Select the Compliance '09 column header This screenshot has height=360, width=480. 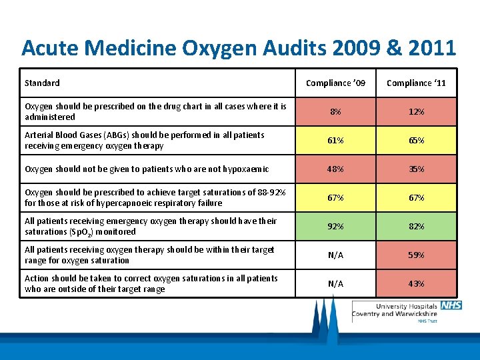(335, 83)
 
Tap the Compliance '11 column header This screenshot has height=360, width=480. (416, 83)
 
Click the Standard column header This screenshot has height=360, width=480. (42, 83)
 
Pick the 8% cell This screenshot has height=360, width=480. (335, 111)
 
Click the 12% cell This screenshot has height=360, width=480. (416, 111)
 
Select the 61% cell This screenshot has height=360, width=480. (335, 141)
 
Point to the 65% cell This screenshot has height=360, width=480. (416, 141)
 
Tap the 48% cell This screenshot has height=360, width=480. (335, 169)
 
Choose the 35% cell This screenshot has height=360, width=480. (416, 169)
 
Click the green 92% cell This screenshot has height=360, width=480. (335, 227)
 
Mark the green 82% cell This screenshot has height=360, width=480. (416, 227)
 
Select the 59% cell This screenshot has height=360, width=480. (416, 255)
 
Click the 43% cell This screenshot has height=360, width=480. (416, 284)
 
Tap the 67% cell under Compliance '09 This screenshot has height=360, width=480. (335, 198)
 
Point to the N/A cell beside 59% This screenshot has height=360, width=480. (335, 255)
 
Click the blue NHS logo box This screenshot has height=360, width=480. (451, 305)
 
